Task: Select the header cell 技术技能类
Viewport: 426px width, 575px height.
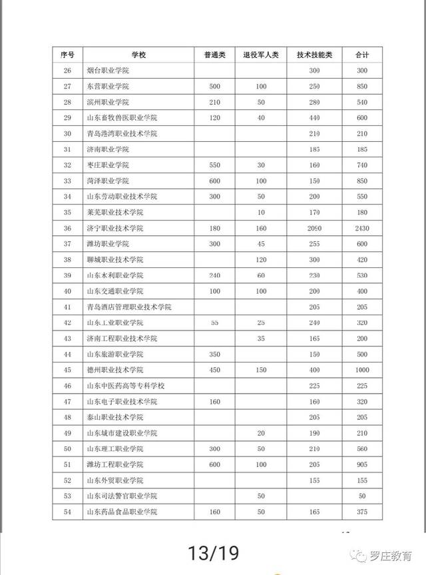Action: click(314, 55)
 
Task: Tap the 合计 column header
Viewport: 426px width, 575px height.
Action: click(362, 55)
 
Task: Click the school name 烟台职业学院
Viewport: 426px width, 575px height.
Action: click(108, 71)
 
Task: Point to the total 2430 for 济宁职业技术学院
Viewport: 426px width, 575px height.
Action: click(362, 228)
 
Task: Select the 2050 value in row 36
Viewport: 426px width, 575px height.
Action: click(314, 228)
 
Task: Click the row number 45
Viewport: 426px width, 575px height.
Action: click(67, 370)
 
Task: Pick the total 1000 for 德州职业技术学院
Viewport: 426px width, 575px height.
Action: click(362, 370)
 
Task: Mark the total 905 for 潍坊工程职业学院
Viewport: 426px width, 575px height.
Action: click(362, 464)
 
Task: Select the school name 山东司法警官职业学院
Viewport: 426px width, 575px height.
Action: click(122, 496)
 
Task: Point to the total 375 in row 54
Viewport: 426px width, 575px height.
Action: click(362, 512)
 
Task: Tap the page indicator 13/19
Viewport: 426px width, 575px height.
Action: click(213, 552)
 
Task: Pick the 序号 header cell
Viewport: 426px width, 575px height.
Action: click(67, 55)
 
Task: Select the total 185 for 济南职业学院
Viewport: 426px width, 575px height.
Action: click(362, 149)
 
